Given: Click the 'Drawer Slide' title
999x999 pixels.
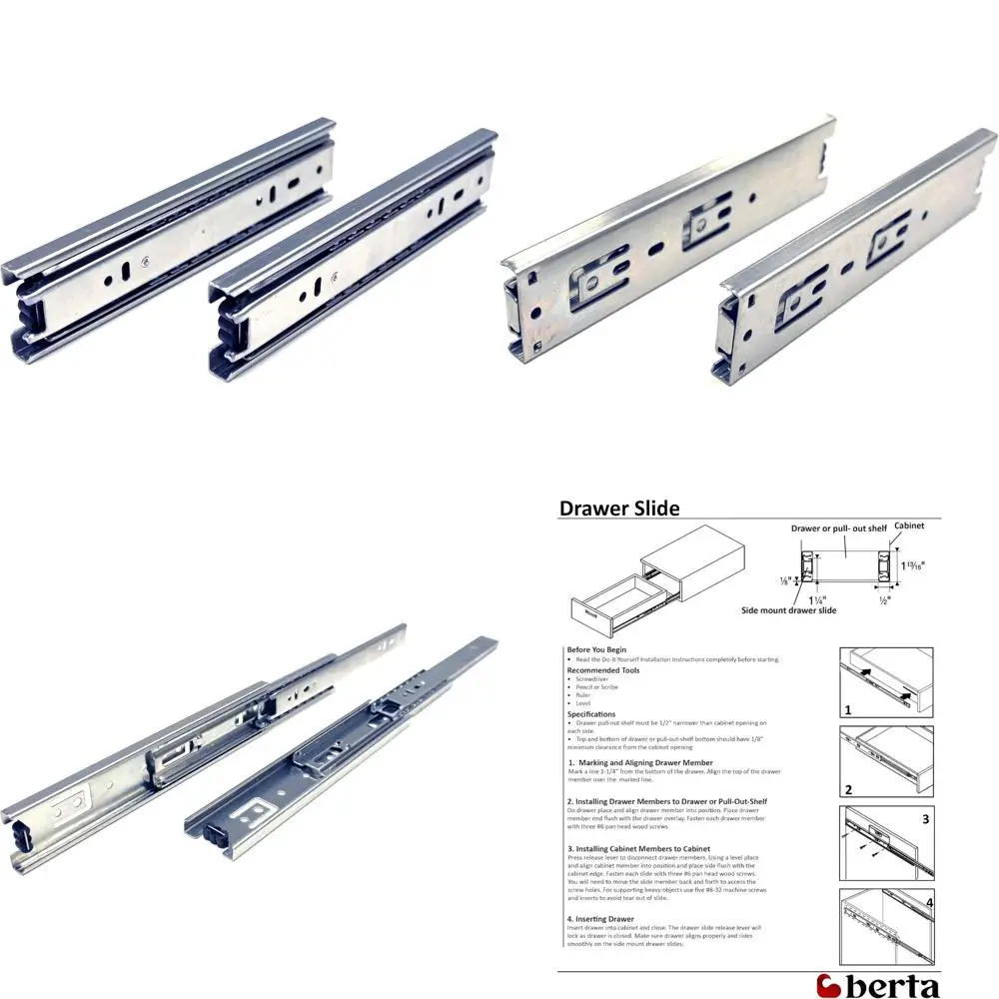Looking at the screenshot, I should pos(619,508).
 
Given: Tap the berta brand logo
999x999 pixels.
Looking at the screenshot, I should pos(878,984).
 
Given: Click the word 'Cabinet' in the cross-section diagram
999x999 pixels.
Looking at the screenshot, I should pos(909,524).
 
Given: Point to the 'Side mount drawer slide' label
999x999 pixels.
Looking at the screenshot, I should pos(789,609).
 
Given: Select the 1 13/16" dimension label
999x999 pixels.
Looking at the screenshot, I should pos(913,564).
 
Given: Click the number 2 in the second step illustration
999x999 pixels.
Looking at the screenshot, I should pos(848,789).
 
